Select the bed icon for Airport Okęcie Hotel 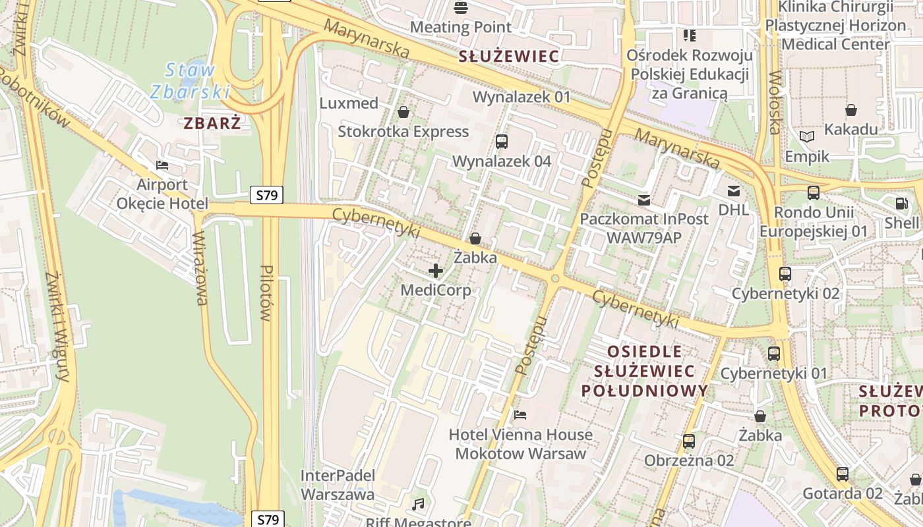[x=162, y=165]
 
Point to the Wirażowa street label [x=200, y=267]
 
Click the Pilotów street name [x=266, y=292]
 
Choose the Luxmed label [x=349, y=103]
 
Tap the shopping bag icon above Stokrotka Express [x=403, y=112]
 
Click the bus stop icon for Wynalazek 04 [x=501, y=141]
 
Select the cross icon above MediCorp [x=436, y=270]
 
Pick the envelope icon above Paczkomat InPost [x=644, y=200]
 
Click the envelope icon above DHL [x=734, y=191]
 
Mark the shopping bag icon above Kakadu [x=851, y=109]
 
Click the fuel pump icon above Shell [x=901, y=204]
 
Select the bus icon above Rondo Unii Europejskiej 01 [x=814, y=193]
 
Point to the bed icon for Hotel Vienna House [x=520, y=415]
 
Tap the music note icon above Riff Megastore [x=418, y=505]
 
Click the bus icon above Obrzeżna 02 [x=689, y=441]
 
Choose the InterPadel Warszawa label [x=338, y=485]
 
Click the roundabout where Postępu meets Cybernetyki [x=555, y=279]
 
